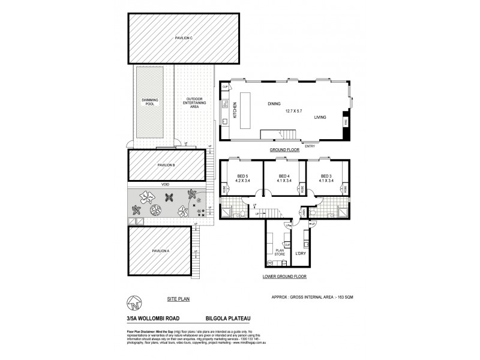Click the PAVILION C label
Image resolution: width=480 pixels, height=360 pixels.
(183, 38)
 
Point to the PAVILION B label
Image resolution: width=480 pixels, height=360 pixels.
(166, 165)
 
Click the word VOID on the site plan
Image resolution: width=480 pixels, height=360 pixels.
(164, 185)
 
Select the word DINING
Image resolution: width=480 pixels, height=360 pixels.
(274, 104)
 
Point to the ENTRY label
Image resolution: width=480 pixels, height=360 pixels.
(310, 146)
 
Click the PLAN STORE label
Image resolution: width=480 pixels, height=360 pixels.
(279, 253)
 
